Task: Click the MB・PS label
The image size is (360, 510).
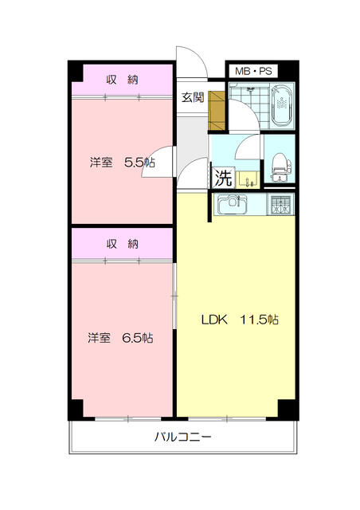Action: (253, 71)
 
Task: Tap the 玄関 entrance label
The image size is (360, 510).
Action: (192, 97)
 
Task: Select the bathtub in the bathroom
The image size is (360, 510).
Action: (283, 108)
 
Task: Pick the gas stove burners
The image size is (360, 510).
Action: (281, 206)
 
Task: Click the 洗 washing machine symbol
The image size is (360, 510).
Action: (221, 176)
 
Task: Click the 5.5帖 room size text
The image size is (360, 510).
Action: (139, 163)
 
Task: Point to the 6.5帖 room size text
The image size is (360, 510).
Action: (138, 338)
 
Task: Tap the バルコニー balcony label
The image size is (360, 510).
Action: (182, 437)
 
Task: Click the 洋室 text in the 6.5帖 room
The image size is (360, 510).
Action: (100, 338)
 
